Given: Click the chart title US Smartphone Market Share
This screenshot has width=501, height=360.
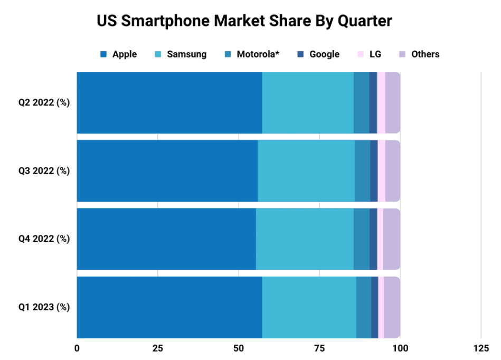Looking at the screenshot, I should [244, 21].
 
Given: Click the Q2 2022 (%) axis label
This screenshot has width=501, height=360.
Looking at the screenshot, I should [44, 102].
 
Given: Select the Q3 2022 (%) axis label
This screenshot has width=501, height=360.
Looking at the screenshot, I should [44, 170].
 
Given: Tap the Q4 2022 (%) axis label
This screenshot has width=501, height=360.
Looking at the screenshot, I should [44, 239].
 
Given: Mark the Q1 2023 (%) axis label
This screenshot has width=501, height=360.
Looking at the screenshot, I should [44, 307].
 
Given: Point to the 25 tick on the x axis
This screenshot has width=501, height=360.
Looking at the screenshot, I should [157, 348].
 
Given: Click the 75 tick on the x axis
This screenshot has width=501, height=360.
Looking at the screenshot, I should [319, 348].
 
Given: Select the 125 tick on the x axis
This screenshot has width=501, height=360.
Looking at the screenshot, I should [480, 348].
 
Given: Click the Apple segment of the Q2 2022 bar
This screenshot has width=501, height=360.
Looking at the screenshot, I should [169, 102].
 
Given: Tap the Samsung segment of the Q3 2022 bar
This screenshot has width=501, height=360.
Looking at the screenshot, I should [306, 170].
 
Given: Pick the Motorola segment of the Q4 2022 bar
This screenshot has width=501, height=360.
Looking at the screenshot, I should [362, 239].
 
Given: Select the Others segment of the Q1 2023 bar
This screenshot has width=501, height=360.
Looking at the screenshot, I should [392, 307].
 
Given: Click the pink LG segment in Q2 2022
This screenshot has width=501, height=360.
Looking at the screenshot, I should [381, 102].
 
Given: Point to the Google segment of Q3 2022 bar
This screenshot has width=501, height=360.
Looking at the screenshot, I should [374, 170].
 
